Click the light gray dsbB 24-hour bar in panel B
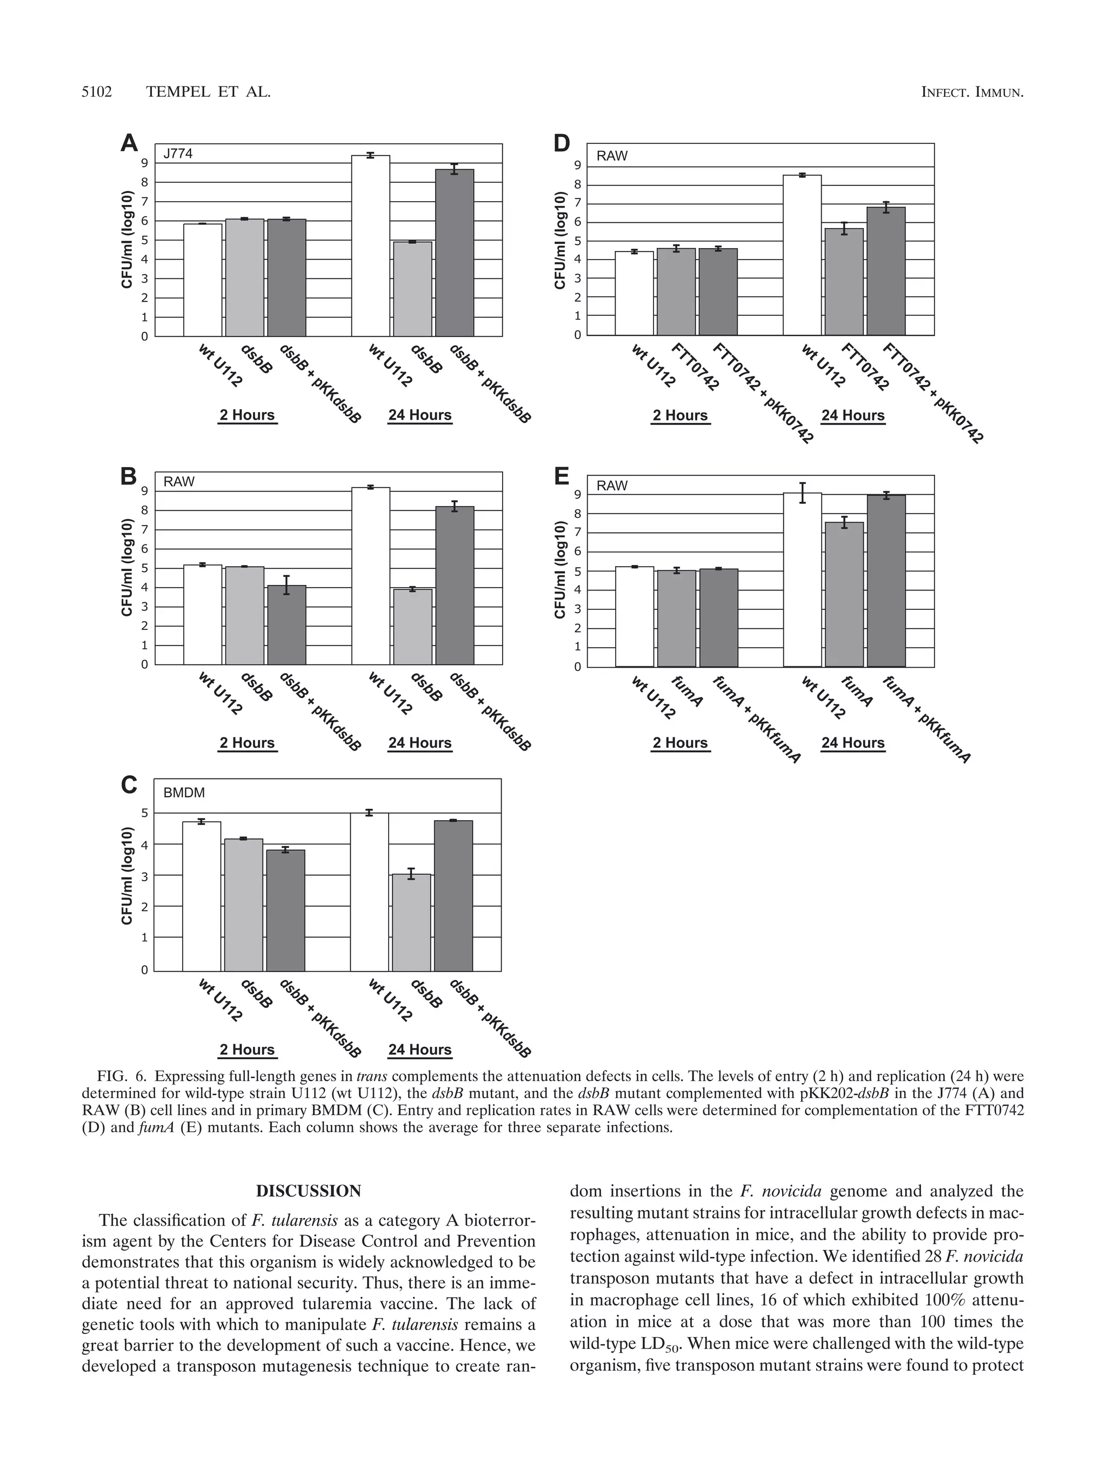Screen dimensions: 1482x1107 (x=412, y=627)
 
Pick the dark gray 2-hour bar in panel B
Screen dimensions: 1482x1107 (x=286, y=625)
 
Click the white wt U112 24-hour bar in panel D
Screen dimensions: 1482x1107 (x=802, y=255)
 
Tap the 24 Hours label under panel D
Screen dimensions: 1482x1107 (x=852, y=415)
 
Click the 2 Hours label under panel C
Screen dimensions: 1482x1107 (x=247, y=1050)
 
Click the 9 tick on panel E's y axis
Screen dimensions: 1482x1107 (x=578, y=495)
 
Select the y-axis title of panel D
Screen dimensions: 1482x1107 (x=561, y=241)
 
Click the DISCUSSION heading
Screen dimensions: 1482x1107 (x=308, y=1191)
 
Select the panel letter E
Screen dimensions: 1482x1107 (x=561, y=476)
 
